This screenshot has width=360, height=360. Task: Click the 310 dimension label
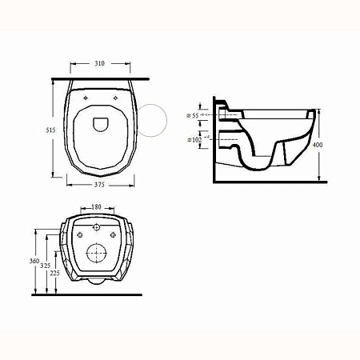pyautogui.click(x=99, y=62)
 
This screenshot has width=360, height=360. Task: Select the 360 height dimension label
pyautogui.click(x=34, y=260)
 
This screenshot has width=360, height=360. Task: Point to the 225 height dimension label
pyautogui.click(x=55, y=272)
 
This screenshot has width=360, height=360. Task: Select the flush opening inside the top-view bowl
pyautogui.click(x=101, y=123)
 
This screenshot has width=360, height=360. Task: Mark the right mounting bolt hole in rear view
pyautogui.click(x=113, y=234)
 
